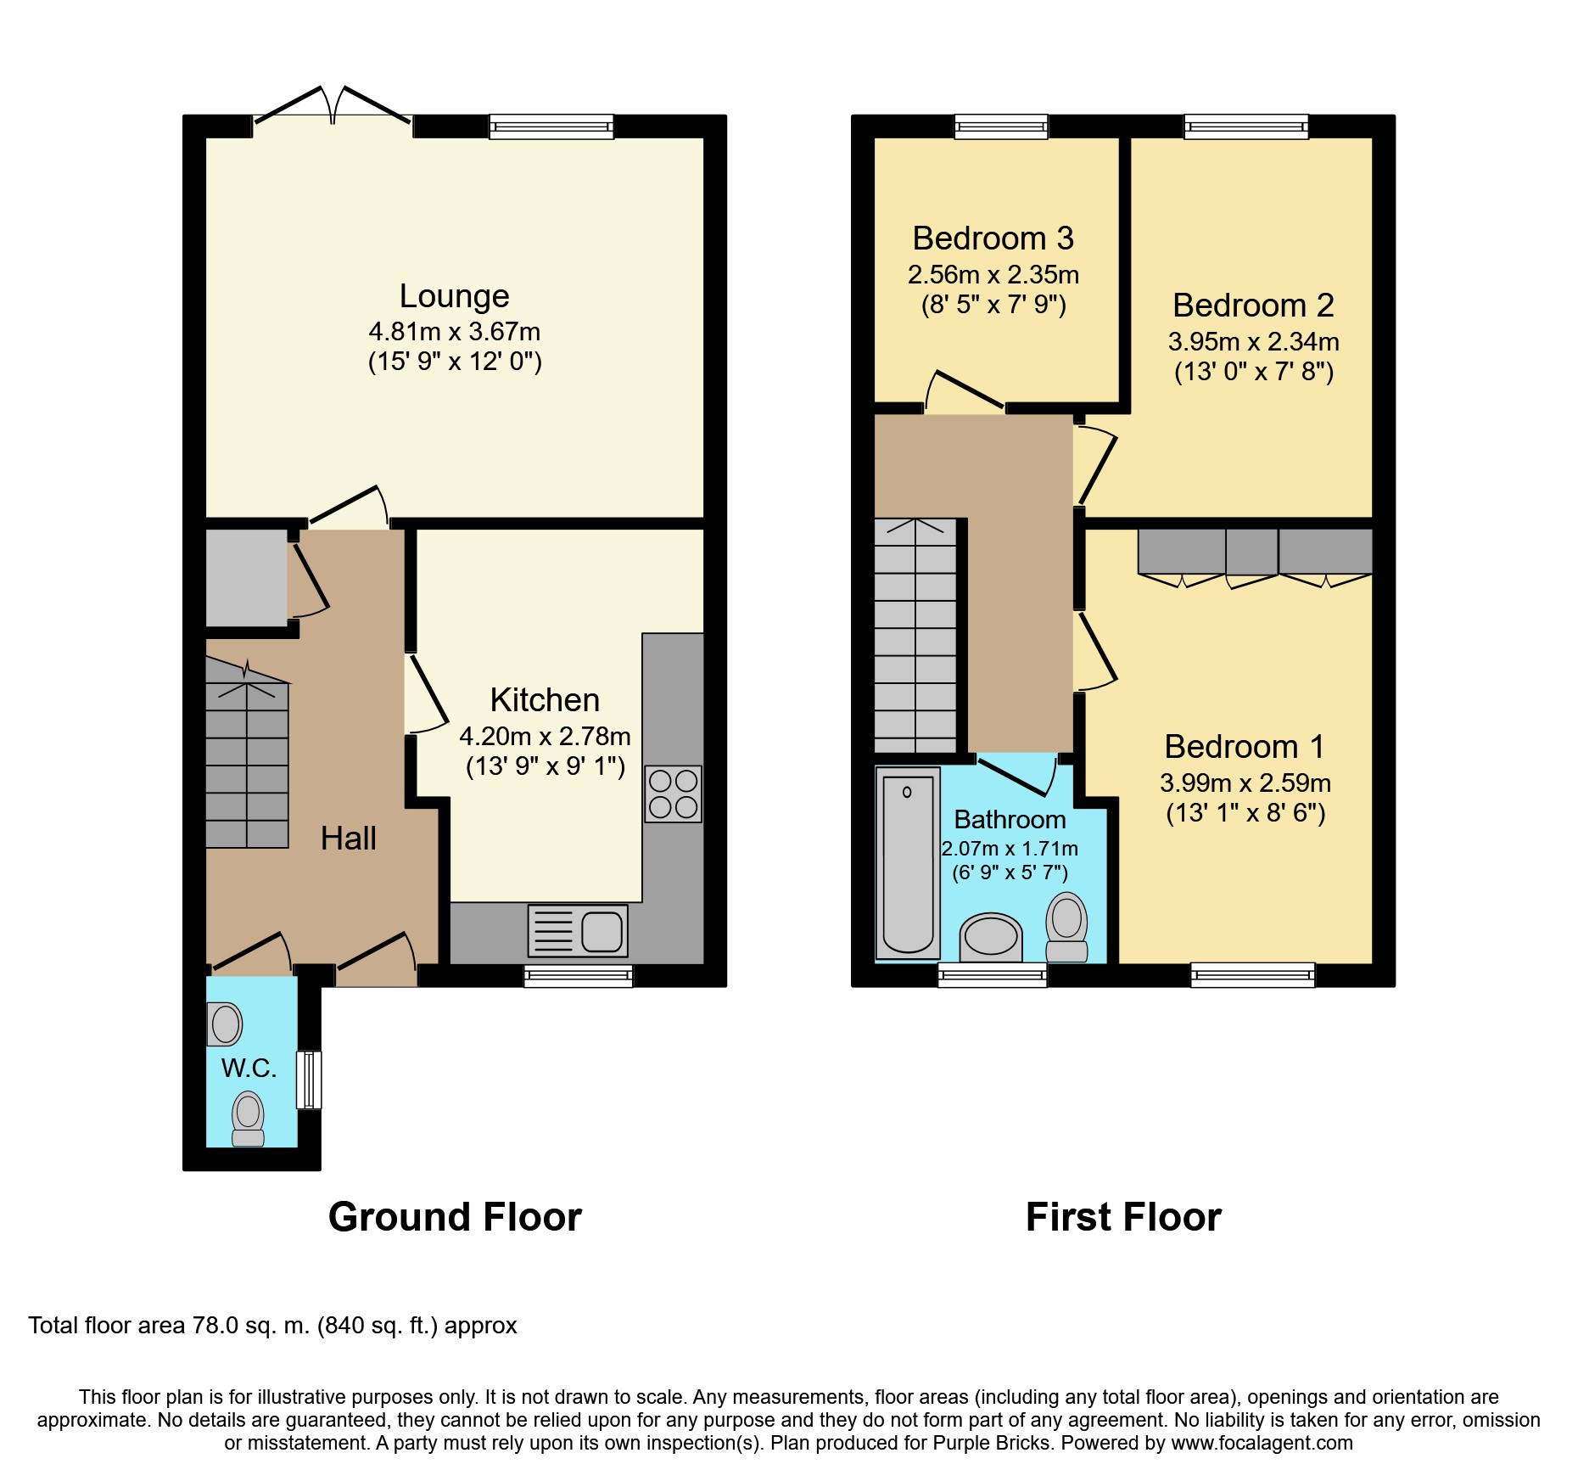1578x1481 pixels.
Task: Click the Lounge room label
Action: pos(454,296)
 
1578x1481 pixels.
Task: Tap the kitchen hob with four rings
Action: pos(674,794)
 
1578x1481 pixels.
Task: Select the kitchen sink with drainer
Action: pos(578,930)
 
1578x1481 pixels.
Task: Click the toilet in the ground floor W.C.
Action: pos(248,1119)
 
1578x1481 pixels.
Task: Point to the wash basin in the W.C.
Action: pos(225,1024)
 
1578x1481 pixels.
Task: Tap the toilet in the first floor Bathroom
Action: pos(1066,927)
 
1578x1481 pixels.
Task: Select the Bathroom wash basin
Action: pos(990,937)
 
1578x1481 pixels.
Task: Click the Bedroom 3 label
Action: pos(993,238)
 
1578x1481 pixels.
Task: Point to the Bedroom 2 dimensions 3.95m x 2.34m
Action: pos(1254,342)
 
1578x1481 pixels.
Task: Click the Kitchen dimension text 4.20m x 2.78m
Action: pos(545,736)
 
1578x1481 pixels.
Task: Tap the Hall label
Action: pos(348,839)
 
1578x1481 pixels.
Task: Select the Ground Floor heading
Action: pos(455,1217)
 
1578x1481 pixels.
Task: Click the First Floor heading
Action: pos(1123,1217)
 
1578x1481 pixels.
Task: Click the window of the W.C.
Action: pos(309,1080)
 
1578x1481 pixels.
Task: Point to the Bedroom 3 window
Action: pos(1001,126)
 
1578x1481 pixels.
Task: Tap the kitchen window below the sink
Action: pos(579,976)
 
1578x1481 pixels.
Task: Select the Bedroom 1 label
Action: pos(1245,747)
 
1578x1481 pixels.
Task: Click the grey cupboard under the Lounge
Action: pos(247,578)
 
